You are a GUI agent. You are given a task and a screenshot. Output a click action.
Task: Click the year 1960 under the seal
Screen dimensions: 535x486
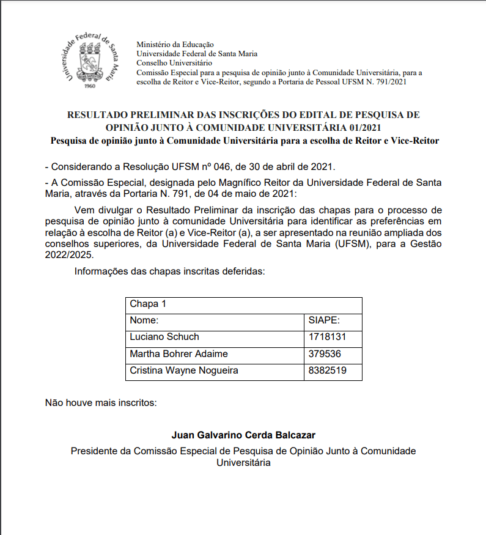click(90, 86)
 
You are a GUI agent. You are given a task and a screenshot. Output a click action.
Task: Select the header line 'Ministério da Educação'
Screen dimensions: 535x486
click(175, 45)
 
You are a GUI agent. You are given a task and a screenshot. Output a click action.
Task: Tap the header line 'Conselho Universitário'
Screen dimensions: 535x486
click(174, 63)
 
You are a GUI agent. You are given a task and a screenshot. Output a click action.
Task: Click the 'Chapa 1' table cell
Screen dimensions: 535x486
click(148, 304)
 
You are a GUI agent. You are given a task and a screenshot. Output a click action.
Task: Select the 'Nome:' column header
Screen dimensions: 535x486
click(144, 320)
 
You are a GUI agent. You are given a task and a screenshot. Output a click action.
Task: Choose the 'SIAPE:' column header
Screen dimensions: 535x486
click(325, 320)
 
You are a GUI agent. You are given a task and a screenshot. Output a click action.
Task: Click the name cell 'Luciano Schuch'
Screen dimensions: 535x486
click(164, 337)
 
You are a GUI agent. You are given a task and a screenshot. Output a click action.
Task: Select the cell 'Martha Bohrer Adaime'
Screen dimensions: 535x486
click(179, 353)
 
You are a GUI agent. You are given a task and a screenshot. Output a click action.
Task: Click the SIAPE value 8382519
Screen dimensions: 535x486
click(328, 371)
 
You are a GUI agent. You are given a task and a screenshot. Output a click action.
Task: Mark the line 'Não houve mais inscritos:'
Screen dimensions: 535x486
click(101, 403)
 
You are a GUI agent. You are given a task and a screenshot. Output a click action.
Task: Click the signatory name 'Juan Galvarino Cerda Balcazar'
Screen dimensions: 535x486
click(243, 435)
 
